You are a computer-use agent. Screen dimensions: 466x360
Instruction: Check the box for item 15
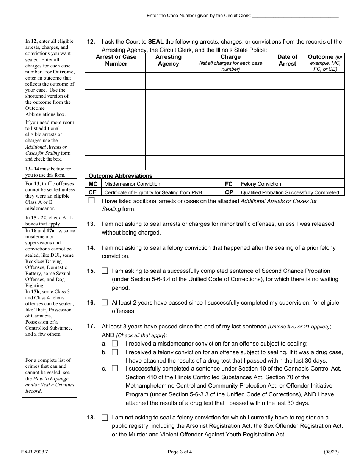105,271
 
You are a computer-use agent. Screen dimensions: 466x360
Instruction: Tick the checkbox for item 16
105,303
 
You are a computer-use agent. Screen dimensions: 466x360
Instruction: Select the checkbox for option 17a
115,344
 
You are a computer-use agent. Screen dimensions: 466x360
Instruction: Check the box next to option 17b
115,352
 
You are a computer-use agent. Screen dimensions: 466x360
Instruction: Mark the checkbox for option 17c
115,368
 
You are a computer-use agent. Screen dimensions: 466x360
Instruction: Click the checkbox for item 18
105,418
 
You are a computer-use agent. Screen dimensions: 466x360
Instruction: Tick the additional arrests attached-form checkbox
92,201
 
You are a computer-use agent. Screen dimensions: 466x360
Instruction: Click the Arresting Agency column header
168,60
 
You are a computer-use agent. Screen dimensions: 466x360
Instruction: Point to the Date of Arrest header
287,60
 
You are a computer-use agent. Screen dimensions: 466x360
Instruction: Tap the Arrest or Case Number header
116,60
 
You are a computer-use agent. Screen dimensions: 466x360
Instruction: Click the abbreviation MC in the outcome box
93,184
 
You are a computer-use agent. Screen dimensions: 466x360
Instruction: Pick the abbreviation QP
229,192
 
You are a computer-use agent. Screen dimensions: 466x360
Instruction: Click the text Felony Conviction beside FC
261,184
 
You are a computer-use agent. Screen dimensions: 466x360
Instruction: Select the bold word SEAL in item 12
156,42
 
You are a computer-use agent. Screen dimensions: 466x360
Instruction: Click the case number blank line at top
295,16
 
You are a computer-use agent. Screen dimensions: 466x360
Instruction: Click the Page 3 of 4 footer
180,452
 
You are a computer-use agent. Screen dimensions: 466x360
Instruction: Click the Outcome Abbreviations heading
120,175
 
